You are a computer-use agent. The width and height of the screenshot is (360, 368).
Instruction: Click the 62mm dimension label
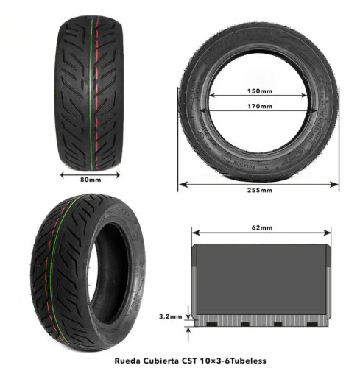tap(258, 228)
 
